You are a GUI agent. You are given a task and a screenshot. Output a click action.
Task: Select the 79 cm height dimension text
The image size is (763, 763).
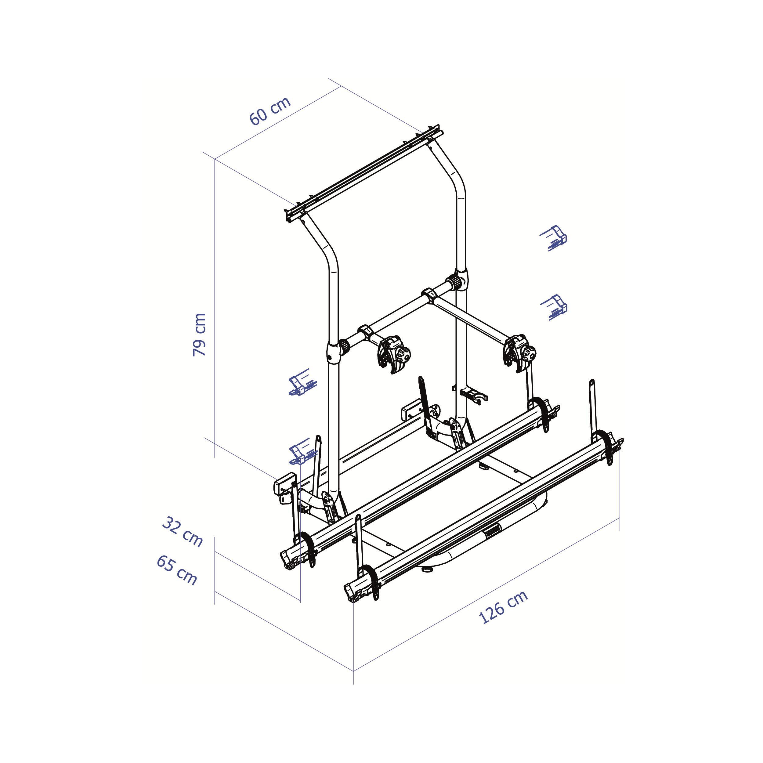199,334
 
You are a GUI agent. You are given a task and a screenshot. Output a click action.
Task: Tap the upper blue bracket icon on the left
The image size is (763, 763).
302,382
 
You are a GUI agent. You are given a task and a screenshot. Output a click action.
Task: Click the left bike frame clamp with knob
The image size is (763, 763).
393,354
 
